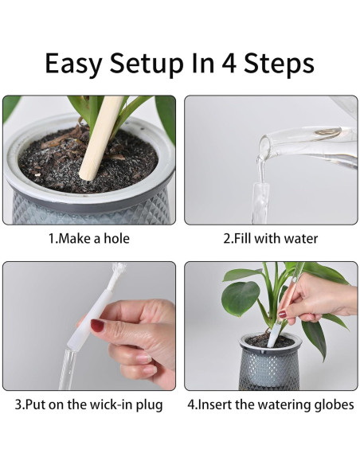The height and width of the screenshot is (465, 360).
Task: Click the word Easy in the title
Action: pyautogui.click(x=74, y=63)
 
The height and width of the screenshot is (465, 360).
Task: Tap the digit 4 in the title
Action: pyautogui.click(x=229, y=63)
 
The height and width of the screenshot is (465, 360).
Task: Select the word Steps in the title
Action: pyautogui.click(x=279, y=63)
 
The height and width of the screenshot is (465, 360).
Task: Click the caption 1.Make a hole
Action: pyautogui.click(x=89, y=239)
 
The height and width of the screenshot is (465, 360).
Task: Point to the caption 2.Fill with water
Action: pyautogui.click(x=271, y=239)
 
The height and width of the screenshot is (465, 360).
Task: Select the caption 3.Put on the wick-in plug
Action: pyautogui.click(x=89, y=405)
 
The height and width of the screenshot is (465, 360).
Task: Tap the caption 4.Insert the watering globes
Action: pyautogui.click(x=271, y=404)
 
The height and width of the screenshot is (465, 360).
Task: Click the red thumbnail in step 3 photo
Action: pyautogui.click(x=97, y=326)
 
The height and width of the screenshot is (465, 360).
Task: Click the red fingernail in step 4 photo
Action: pyautogui.click(x=282, y=314)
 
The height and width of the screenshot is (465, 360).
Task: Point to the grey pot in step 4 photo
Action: pyautogui.click(x=269, y=361)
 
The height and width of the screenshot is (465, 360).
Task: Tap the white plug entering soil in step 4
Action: pyautogui.click(x=273, y=335)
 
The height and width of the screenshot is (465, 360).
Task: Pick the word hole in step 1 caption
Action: pyautogui.click(x=117, y=239)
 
